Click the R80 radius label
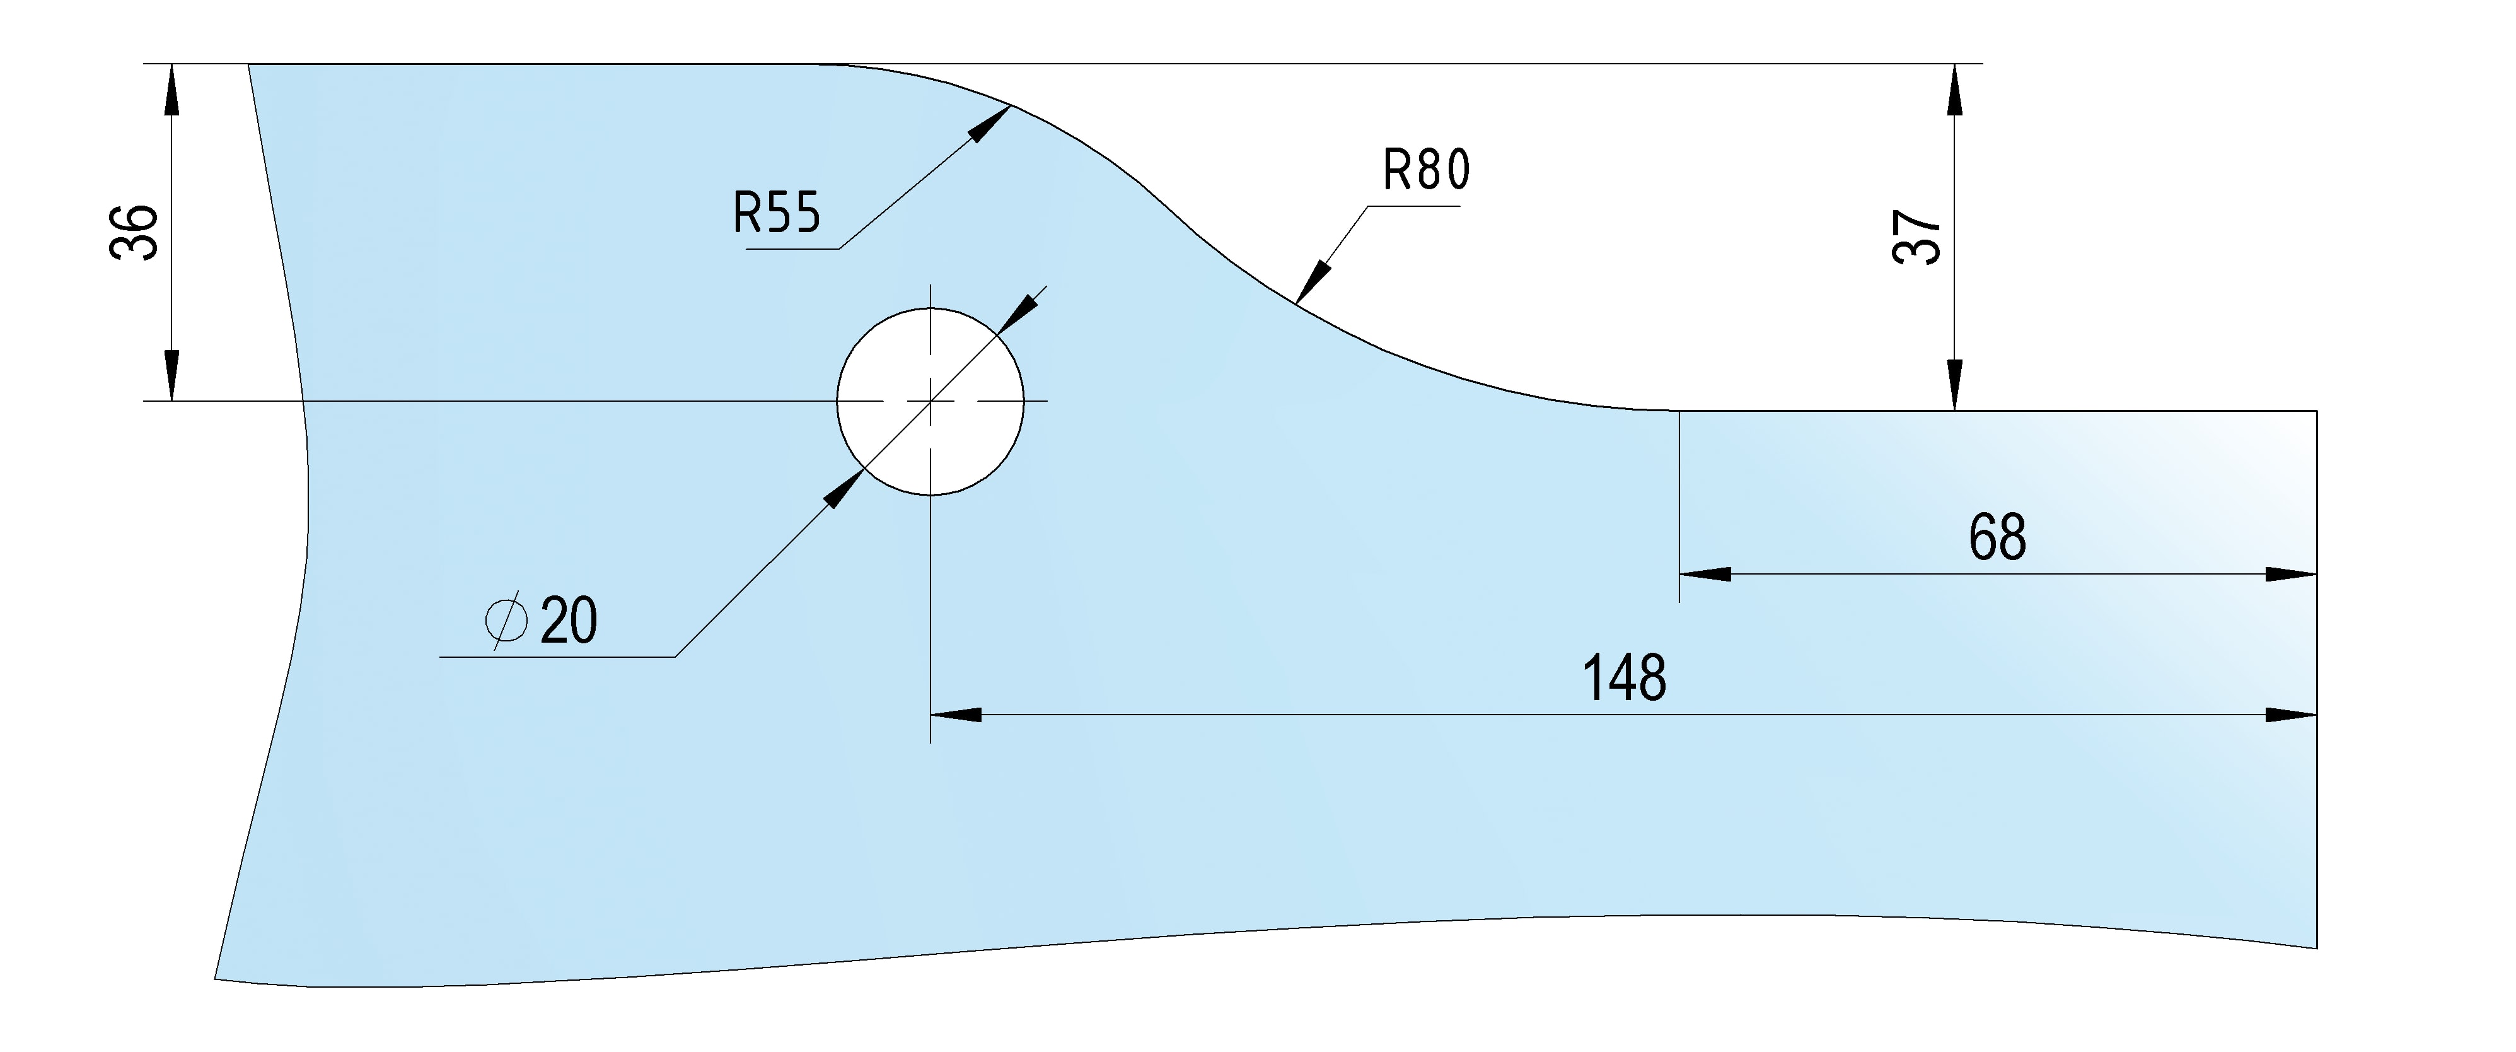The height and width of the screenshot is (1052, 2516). tap(1426, 170)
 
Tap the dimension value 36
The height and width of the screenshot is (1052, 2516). tap(134, 233)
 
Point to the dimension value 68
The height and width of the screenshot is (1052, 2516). tap(1997, 537)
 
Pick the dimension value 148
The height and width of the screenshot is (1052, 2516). tap(1623, 678)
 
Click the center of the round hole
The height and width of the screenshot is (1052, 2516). tap(930, 402)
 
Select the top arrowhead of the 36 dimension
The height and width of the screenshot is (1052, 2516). tap(172, 88)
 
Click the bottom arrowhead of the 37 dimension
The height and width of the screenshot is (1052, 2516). tap(1954, 386)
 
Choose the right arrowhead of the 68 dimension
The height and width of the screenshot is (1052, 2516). tap(2292, 575)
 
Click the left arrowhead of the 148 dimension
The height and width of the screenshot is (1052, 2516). tap(955, 715)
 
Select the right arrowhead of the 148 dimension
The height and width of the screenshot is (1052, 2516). tap(2292, 715)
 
